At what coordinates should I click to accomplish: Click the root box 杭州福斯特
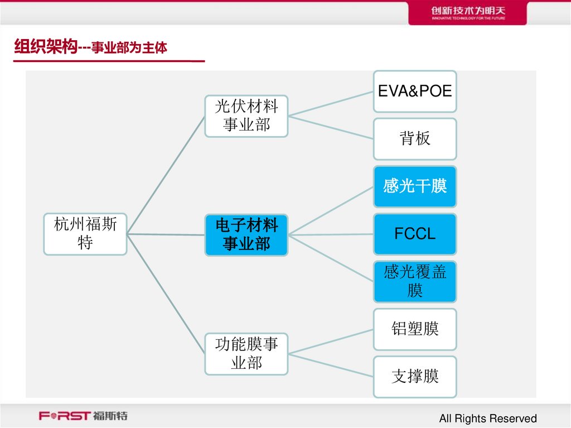coord(85,234)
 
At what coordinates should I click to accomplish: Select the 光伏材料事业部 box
coord(246,116)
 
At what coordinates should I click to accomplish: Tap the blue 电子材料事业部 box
coord(246,235)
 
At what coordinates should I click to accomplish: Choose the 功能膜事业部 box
coord(246,354)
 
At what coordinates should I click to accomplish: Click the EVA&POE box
coord(415,91)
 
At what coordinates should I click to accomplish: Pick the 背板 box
coord(415,138)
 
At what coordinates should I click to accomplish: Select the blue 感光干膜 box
coord(415,186)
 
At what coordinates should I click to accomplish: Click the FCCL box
coord(415,234)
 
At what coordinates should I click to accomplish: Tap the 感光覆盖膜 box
coord(415,281)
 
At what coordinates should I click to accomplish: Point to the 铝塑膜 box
coord(415,329)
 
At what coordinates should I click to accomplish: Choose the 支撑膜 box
coord(415,377)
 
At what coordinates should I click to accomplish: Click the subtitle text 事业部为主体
coord(129,49)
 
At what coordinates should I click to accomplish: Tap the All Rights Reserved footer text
coord(487,419)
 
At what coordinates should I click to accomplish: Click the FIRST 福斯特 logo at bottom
coord(83,416)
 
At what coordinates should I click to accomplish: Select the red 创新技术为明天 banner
coord(467,13)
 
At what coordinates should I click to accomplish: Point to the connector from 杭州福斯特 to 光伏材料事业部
coord(166,175)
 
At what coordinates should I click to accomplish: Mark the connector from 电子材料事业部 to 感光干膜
coord(331,210)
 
